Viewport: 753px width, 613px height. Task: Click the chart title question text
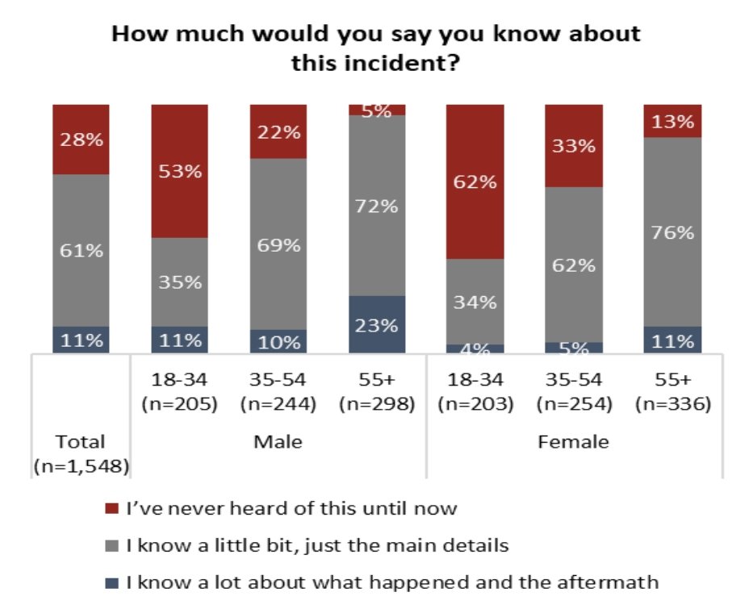click(375, 48)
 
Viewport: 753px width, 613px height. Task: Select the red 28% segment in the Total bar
click(81, 139)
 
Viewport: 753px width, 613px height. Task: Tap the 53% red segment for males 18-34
click(179, 171)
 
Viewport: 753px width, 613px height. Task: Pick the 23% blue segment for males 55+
click(377, 324)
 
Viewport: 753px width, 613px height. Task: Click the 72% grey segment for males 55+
click(377, 206)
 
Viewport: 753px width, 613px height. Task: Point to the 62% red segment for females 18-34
click(475, 181)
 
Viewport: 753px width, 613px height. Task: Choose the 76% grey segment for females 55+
click(672, 232)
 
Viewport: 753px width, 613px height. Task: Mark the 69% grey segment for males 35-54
click(278, 244)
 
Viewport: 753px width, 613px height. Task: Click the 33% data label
click(575, 146)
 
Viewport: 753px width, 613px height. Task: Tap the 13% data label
click(673, 122)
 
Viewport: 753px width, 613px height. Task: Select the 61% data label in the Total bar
click(82, 250)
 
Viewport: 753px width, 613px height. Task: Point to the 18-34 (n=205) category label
click(179, 392)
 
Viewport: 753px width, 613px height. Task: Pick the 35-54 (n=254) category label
click(575, 392)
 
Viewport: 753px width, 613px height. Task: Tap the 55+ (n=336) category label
click(673, 392)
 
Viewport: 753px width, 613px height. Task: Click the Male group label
click(278, 442)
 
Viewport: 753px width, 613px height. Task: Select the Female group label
click(575, 442)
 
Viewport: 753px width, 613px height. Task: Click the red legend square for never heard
click(112, 509)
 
